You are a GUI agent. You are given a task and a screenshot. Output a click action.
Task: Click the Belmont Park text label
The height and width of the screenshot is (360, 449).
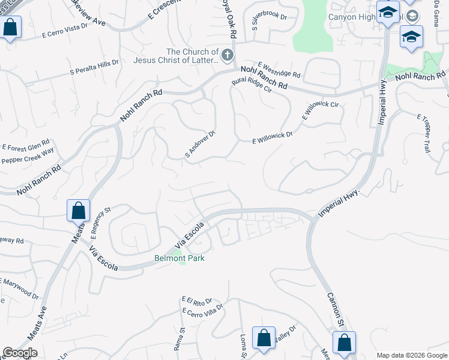coord(179,259)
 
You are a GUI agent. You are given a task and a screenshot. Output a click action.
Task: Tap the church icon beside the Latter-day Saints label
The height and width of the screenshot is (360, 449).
coord(228,56)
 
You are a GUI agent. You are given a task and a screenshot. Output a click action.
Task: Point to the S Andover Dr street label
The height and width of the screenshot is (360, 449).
coord(200,144)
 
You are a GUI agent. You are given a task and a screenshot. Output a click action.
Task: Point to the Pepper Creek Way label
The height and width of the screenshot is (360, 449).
coord(28,160)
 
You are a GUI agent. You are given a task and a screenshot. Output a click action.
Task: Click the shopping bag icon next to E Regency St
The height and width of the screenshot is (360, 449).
coord(78,211)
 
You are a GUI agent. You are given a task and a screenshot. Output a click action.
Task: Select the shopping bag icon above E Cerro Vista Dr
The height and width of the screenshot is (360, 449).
coord(10,28)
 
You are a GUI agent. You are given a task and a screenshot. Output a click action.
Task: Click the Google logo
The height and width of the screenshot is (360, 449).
coord(20,353)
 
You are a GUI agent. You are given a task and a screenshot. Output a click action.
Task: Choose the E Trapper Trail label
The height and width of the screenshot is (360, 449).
coord(424,133)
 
